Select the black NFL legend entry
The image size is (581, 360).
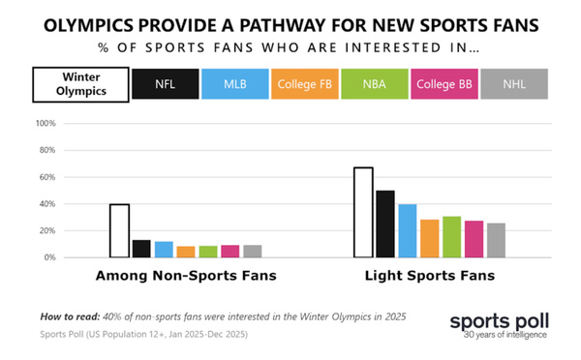(x=166, y=84)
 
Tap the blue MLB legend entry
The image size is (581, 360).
(x=235, y=84)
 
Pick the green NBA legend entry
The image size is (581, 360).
(x=375, y=84)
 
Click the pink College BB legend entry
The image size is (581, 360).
(x=444, y=84)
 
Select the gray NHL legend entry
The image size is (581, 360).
(x=514, y=84)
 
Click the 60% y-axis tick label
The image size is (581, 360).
(x=47, y=177)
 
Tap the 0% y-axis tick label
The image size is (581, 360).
(x=50, y=257)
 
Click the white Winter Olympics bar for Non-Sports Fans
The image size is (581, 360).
(x=119, y=230)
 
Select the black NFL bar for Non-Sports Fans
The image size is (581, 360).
(x=141, y=249)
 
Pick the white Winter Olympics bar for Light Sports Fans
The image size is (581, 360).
(x=363, y=212)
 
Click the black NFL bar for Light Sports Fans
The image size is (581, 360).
(x=385, y=224)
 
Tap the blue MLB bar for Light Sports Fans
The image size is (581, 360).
(x=408, y=230)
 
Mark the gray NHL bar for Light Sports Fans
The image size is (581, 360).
(x=496, y=240)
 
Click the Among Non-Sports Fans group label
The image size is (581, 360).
(x=185, y=277)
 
